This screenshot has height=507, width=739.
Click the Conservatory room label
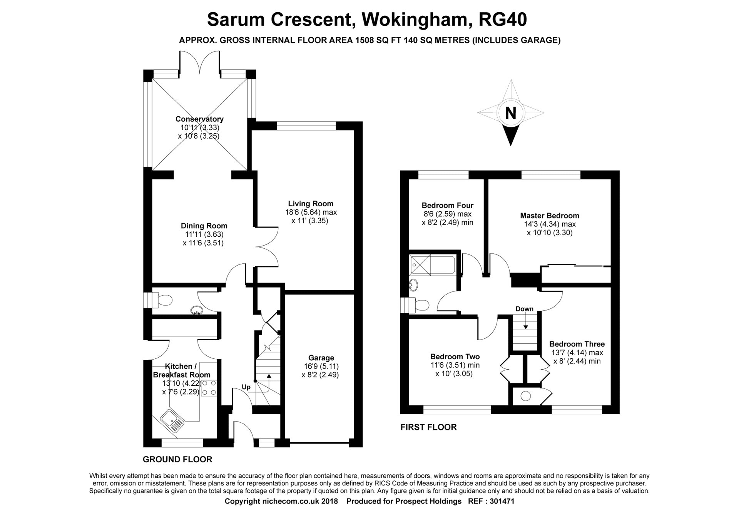click(x=199, y=119)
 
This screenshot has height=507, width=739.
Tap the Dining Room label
click(x=204, y=226)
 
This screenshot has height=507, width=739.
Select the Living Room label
click(x=311, y=204)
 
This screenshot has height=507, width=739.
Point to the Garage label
click(x=321, y=358)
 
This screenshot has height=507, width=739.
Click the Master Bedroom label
click(x=550, y=216)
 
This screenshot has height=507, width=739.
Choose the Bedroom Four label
click(x=448, y=206)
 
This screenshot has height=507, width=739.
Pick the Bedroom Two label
click(x=455, y=356)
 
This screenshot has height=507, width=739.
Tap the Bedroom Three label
click(x=577, y=344)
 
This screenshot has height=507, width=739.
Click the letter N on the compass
click(x=510, y=113)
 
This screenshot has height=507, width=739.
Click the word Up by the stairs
click(x=246, y=387)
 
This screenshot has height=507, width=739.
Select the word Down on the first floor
click(x=525, y=309)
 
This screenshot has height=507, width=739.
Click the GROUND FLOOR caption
click(x=177, y=459)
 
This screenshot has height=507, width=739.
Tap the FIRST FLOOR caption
click(x=428, y=427)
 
